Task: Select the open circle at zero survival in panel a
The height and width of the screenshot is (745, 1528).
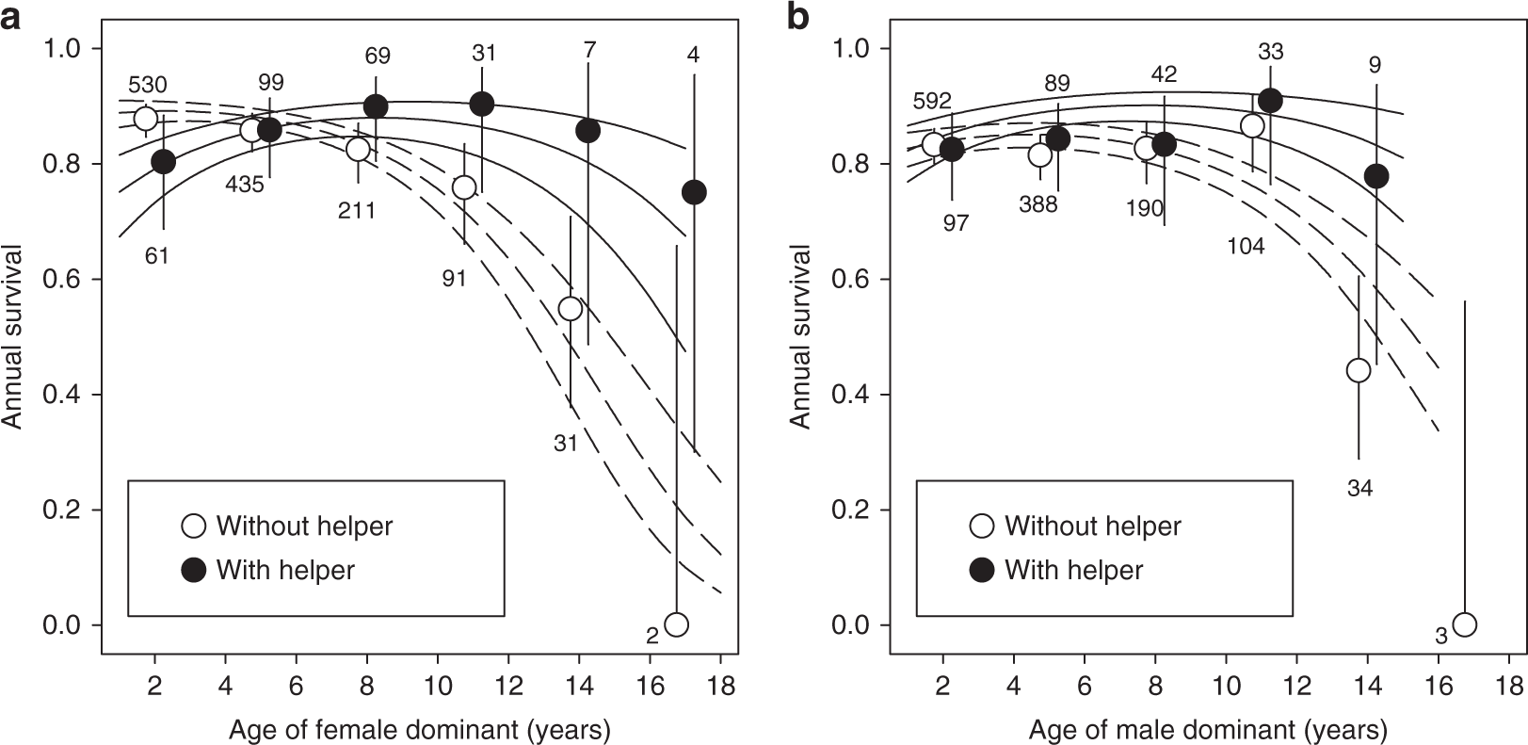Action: click(676, 624)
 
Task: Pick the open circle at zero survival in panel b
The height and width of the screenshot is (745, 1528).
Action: click(1464, 624)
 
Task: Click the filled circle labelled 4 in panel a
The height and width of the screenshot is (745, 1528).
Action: click(694, 192)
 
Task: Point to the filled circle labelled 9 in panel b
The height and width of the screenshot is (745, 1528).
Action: click(1376, 176)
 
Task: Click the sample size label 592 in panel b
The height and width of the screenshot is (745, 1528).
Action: click(933, 101)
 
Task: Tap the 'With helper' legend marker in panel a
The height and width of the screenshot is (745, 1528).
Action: click(193, 570)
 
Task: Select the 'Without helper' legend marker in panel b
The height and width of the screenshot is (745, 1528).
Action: click(981, 526)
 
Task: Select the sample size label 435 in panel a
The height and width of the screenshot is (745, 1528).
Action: click(245, 185)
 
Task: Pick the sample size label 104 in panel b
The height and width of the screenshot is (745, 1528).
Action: click(1246, 247)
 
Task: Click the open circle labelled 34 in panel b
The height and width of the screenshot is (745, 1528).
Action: click(1358, 370)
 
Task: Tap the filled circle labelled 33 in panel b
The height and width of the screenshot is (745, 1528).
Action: click(1270, 100)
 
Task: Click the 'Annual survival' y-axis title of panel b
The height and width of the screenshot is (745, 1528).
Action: click(801, 336)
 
